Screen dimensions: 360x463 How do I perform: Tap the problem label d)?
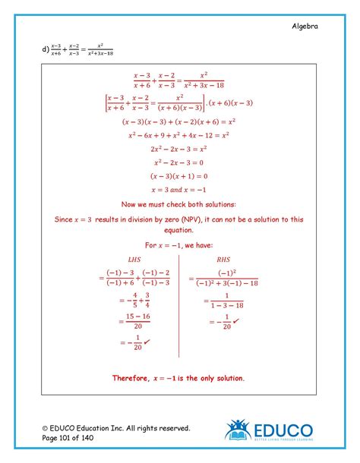tap(45, 51)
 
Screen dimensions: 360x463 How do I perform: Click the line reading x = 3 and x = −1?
tap(179, 190)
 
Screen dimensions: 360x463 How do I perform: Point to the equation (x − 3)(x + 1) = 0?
tap(179, 176)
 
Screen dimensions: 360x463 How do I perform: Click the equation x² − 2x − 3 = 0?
tap(179, 162)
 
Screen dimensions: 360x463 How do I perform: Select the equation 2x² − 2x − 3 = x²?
tap(179, 149)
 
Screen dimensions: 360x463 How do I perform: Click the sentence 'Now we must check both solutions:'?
tap(179, 204)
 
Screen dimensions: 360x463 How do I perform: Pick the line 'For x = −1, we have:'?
tap(179, 245)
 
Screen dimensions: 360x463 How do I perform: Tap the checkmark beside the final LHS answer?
tap(147, 342)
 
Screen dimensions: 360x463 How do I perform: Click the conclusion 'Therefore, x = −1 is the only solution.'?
tap(178, 377)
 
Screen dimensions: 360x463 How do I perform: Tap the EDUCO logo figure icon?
tap(238, 430)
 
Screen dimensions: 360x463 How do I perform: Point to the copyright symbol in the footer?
tap(45, 428)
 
